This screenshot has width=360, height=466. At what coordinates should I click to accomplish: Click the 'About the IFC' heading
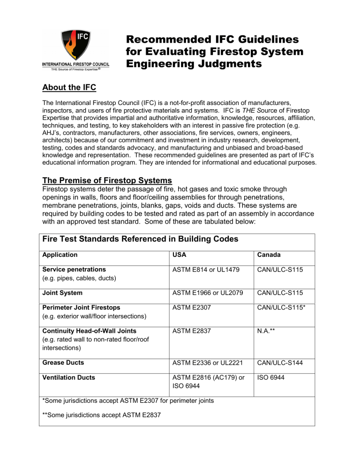(x=72, y=88)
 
